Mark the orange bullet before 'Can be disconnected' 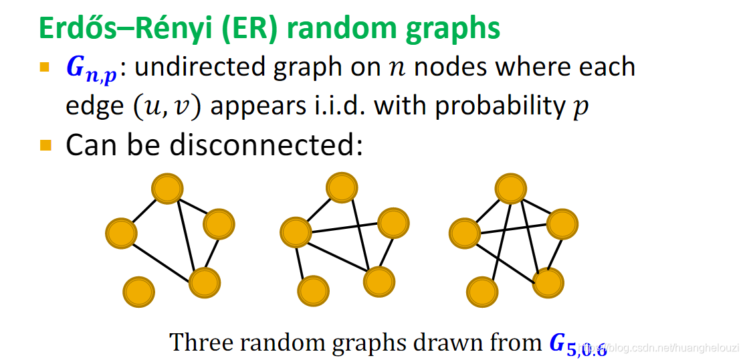pyautogui.click(x=45, y=145)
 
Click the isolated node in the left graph pyautogui.click(x=139, y=292)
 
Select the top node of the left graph pyautogui.click(x=167, y=189)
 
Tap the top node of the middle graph pyautogui.click(x=342, y=187)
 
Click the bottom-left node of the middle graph pyautogui.click(x=313, y=290)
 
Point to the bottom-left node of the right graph pyautogui.click(x=483, y=292)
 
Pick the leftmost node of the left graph pyautogui.click(x=121, y=233)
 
